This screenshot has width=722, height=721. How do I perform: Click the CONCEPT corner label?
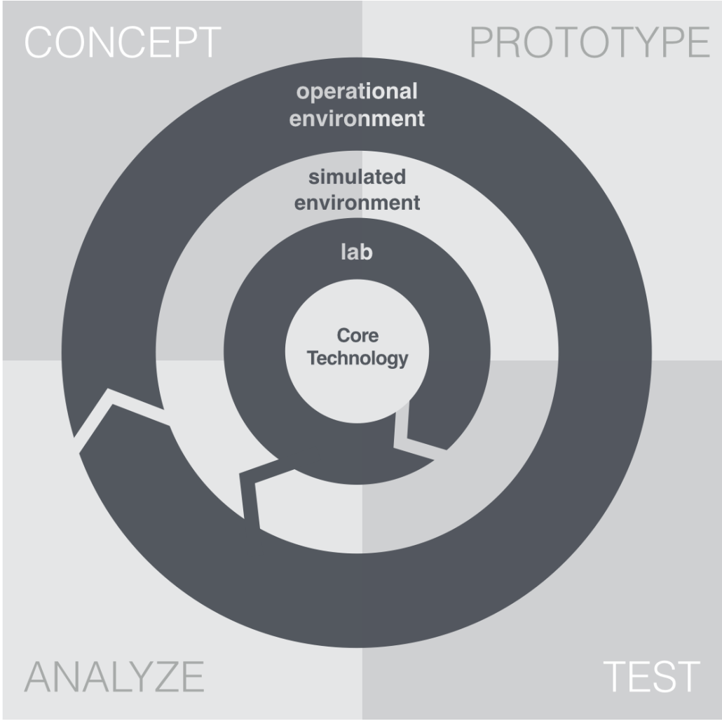[x=123, y=43]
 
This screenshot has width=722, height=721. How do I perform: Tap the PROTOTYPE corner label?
[x=590, y=43]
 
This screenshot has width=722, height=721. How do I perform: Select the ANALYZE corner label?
[x=114, y=676]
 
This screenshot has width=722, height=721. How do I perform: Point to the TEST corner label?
[x=651, y=676]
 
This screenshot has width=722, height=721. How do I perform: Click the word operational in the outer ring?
[x=357, y=92]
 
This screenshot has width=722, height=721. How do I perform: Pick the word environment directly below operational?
[x=357, y=118]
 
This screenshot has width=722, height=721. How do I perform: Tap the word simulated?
[x=357, y=177]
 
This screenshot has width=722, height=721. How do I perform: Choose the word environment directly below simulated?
[x=357, y=203]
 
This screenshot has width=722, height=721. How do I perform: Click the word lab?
[x=356, y=252]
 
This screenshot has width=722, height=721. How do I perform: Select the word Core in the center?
[x=357, y=335]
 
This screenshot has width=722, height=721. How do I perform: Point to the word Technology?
[x=357, y=358]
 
